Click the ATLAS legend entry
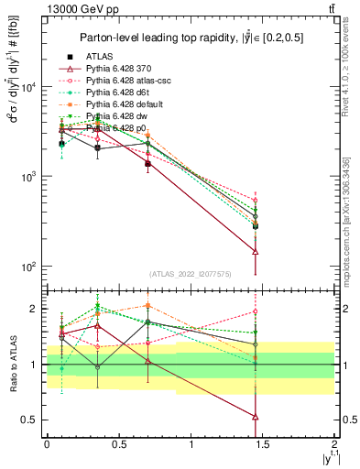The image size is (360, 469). click(99, 56)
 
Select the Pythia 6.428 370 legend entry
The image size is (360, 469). click(118, 69)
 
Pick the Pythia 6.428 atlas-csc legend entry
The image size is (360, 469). click(125, 81)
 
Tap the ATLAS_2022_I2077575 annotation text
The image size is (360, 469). click(190, 273)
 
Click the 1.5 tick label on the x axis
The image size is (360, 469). click(263, 443)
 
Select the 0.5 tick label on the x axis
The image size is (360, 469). click(119, 443)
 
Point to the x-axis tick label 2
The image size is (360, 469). click(335, 443)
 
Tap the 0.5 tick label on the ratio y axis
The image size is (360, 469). click(30, 420)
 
